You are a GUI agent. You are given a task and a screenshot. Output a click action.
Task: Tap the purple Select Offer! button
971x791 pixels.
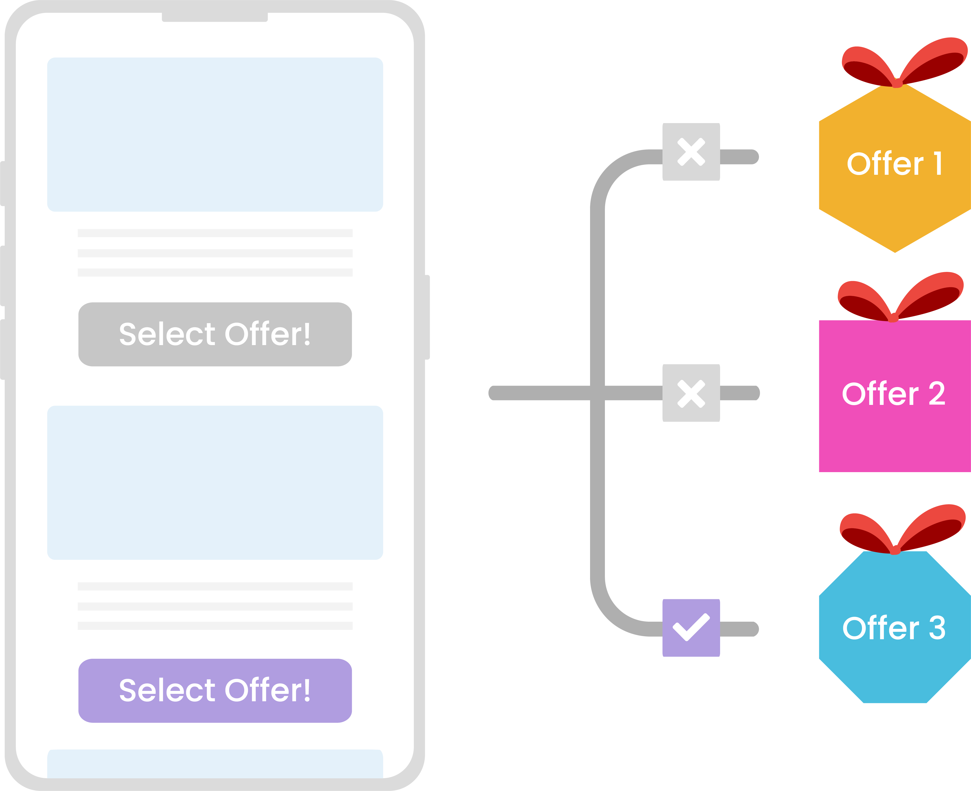(215, 690)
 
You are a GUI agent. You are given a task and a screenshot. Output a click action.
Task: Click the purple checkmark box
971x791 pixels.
(691, 627)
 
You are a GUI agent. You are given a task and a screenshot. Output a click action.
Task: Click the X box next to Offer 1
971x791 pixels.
(691, 152)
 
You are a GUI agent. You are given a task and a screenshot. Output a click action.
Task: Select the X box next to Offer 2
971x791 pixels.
(691, 393)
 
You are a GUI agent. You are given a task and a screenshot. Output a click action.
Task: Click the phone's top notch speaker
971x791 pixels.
(215, 17)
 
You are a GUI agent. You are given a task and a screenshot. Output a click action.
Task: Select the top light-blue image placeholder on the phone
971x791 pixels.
(215, 134)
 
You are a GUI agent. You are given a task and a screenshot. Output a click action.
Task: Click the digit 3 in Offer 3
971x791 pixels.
(937, 628)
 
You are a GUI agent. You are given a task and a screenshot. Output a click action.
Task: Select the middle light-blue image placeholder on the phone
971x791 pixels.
(215, 483)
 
